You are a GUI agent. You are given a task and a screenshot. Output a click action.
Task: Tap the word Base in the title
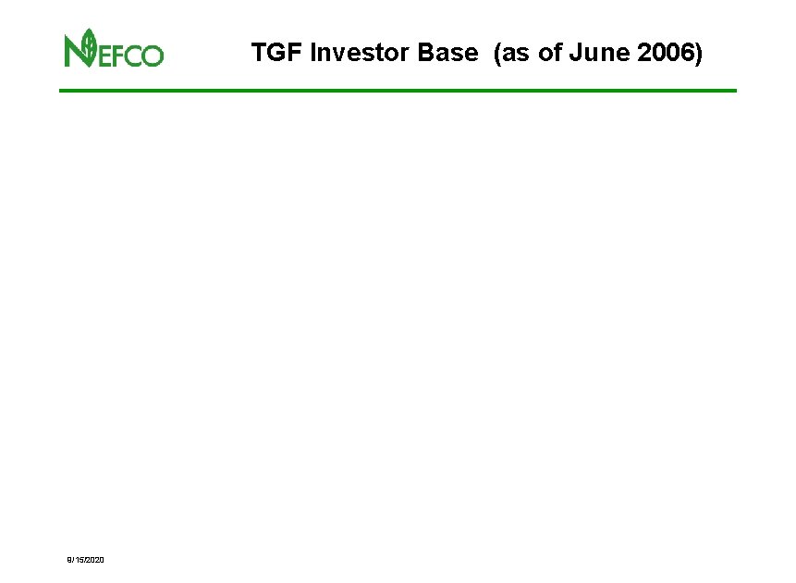[x=447, y=54]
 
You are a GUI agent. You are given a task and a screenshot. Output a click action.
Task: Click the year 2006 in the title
[x=665, y=54]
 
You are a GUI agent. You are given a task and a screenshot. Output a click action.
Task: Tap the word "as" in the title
[x=514, y=54]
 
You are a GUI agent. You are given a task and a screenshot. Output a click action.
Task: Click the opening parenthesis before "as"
[x=498, y=54]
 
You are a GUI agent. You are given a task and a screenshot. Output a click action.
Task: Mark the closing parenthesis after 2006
[x=699, y=54]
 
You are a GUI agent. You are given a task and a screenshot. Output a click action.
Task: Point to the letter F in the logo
[x=119, y=56]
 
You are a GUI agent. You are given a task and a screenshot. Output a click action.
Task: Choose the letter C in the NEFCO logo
[x=135, y=56]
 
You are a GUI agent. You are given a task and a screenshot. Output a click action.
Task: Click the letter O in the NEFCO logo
[x=153, y=56]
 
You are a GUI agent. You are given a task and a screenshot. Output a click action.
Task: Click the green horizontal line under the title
[x=398, y=90]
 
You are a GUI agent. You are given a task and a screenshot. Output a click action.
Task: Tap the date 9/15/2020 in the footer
[x=84, y=561]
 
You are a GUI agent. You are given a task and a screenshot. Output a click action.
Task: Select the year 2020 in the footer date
[x=94, y=561]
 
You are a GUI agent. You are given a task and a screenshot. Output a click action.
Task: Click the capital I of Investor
[x=314, y=54]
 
